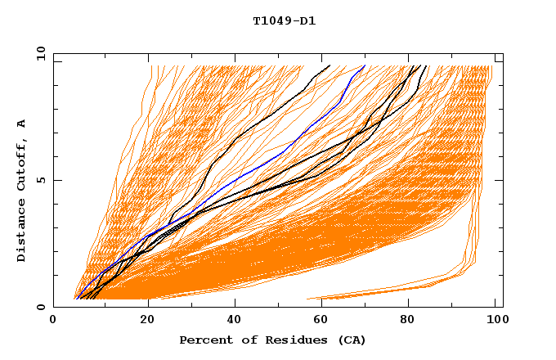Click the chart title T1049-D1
pyautogui.click(x=284, y=21)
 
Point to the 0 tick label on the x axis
pyautogui.click(x=53, y=321)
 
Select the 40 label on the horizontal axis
pyautogui.click(x=235, y=321)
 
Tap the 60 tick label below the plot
pyautogui.click(x=323, y=321)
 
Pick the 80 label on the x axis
pyautogui.click(x=411, y=321)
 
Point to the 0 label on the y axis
pyautogui.click(x=39, y=307)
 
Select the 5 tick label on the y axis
pyautogui.click(x=39, y=180)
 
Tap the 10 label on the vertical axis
pyautogui.click(x=39, y=54)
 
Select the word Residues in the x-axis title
pyautogui.click(x=287, y=340)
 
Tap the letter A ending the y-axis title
pyautogui.click(x=21, y=124)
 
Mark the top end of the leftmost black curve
pyautogui.click(x=329, y=65)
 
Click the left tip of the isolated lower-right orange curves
pyautogui.click(x=307, y=299)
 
